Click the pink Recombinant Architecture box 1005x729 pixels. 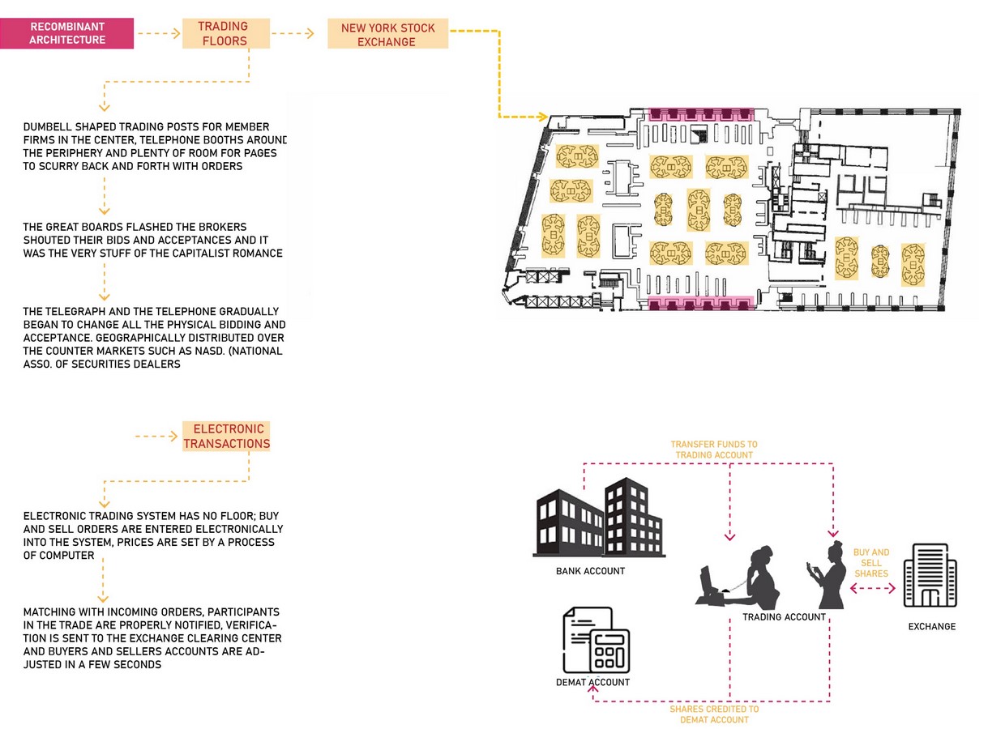point(66,33)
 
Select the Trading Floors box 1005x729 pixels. point(226,33)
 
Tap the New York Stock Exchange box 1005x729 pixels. point(388,34)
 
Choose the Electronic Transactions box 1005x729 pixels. point(226,437)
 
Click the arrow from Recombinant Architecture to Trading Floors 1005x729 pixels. point(159,33)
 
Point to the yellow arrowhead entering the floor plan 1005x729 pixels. point(543,117)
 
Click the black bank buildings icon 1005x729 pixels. point(599,518)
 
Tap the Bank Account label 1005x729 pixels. point(590,571)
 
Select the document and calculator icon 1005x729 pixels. point(597,640)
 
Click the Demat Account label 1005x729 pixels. point(592,682)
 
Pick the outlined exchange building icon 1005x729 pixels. point(930,576)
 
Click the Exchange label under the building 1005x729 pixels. point(932,627)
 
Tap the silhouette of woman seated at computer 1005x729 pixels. point(738,577)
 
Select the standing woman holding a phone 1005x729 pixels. point(827,575)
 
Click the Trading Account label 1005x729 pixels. point(784,617)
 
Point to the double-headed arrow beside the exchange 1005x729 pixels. point(873,589)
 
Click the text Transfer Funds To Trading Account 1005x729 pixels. point(714,450)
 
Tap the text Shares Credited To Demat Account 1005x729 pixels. point(714,714)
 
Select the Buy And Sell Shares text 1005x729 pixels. point(870,563)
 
